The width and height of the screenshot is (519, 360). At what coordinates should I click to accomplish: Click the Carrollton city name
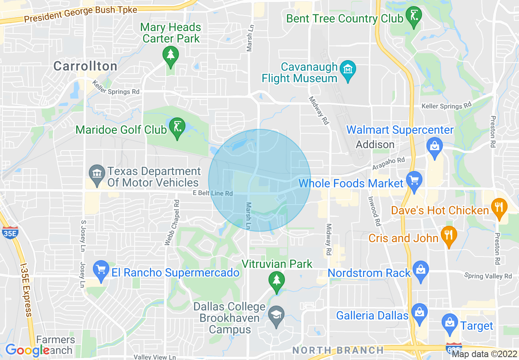pos(85,66)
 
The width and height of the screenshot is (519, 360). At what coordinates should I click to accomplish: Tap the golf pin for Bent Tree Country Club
pos(413,17)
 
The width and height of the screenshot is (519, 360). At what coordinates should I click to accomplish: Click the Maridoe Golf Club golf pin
pos(177,128)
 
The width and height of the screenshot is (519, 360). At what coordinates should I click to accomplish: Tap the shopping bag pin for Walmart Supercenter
pos(434,146)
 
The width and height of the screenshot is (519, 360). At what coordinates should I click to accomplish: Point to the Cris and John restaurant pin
pos(449,236)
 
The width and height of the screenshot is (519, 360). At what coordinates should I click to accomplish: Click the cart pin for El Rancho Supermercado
pos(101,270)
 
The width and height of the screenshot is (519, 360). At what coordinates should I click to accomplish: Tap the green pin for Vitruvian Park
pos(277,281)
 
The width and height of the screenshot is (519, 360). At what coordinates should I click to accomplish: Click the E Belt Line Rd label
pos(213,193)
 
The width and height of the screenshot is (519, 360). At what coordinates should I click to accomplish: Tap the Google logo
pos(27,350)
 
